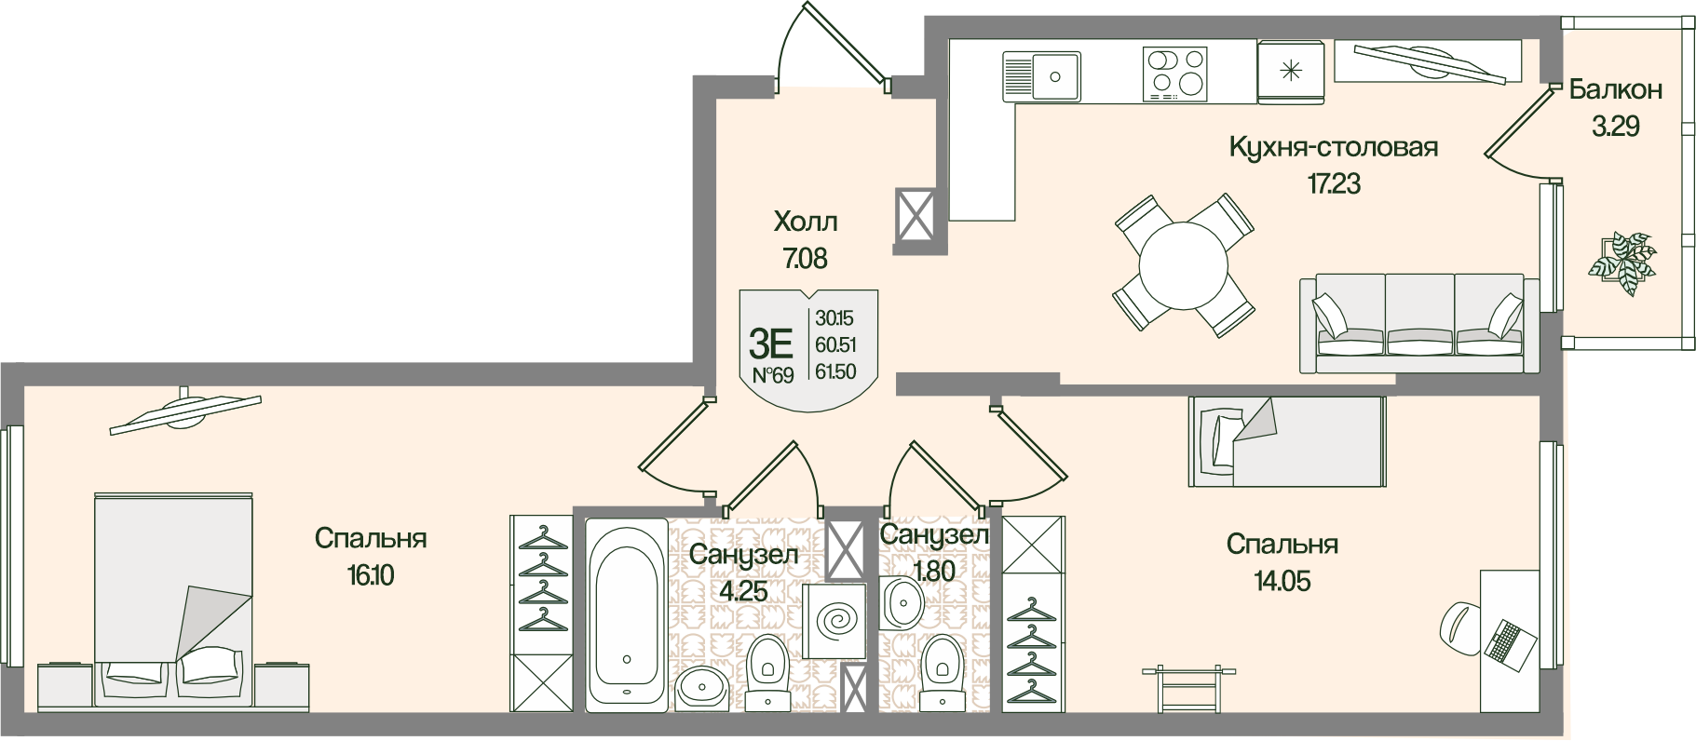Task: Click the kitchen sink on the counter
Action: tap(1040, 74)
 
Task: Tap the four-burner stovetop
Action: tap(1176, 74)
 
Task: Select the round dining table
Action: tap(1183, 264)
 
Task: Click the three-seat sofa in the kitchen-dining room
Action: tap(1412, 323)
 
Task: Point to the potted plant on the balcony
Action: tap(1621, 263)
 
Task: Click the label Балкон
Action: tap(1615, 89)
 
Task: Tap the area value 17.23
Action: tap(1334, 183)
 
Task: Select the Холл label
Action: tap(806, 222)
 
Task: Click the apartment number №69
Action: tap(772, 375)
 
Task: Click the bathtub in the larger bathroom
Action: tap(627, 614)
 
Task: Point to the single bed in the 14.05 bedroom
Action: tap(1287, 441)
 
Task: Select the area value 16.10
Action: tap(371, 575)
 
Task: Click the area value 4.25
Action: tap(743, 591)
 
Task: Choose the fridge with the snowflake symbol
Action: tap(1290, 69)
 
